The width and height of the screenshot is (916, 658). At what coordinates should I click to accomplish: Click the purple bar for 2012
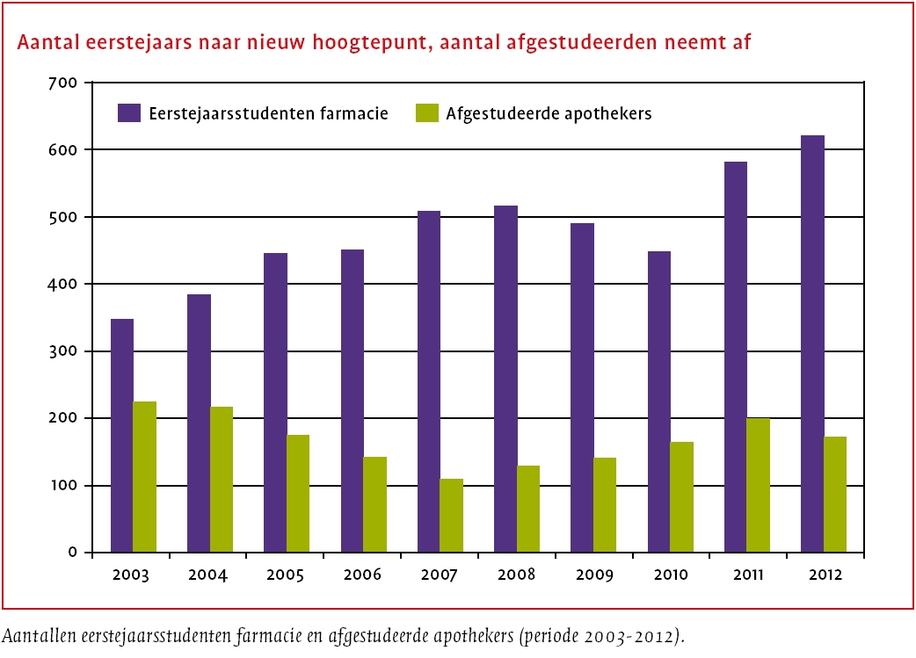(813, 343)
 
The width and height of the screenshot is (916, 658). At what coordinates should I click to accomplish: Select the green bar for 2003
(144, 477)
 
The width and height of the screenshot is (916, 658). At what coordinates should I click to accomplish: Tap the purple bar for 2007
(429, 381)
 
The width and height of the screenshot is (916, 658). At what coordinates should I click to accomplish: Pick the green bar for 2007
(452, 516)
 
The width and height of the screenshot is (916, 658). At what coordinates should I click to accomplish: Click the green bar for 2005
(298, 494)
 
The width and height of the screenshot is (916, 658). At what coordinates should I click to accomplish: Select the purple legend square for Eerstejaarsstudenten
(130, 113)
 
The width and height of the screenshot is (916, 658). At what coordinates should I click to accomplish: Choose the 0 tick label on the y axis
(75, 553)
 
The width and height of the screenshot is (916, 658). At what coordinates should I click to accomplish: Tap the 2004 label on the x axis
(207, 575)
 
